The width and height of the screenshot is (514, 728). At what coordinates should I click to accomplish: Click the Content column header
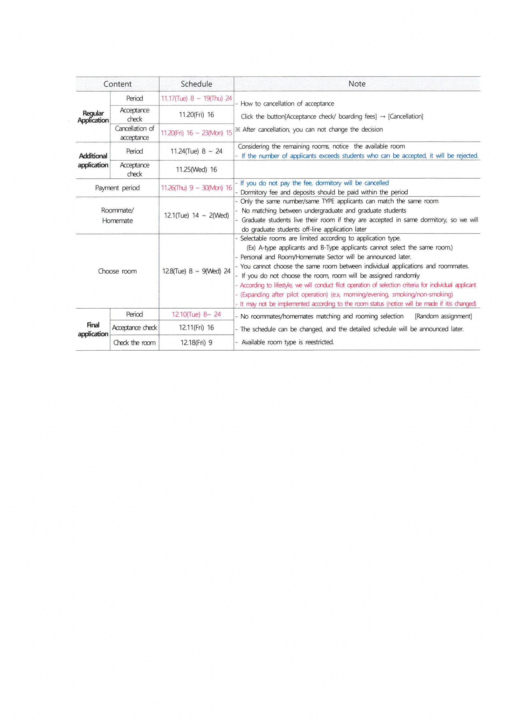[118, 84]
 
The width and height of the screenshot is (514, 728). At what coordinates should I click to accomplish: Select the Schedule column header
[196, 84]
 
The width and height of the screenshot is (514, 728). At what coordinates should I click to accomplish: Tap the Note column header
[357, 84]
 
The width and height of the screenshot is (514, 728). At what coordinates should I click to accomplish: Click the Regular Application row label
[93, 117]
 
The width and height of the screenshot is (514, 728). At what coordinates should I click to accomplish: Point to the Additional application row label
[93, 160]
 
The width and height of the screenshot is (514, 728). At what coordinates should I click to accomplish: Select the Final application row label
[93, 329]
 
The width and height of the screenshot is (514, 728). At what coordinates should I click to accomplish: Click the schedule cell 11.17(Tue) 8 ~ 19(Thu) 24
[196, 98]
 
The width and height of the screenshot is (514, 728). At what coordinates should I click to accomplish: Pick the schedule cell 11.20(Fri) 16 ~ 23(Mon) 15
[196, 133]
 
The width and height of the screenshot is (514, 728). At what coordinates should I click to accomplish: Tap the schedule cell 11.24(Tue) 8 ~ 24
[196, 151]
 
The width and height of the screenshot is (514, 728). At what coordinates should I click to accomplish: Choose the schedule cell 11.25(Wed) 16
[196, 170]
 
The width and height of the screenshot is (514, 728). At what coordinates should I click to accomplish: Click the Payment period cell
[118, 188]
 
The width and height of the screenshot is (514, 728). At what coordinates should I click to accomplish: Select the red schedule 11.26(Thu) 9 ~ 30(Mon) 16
[196, 188]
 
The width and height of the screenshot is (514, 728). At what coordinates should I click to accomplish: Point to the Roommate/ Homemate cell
[118, 215]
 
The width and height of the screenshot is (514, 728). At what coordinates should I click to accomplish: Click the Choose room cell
[118, 272]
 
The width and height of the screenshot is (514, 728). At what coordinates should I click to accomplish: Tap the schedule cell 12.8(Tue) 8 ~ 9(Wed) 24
[196, 272]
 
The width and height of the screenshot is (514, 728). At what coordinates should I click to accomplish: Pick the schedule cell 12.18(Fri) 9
[196, 343]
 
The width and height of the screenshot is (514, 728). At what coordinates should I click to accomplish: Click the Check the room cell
[135, 343]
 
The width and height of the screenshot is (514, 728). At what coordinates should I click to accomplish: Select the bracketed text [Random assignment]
[443, 316]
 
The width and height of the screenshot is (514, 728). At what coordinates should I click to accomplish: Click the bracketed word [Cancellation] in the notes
[406, 116]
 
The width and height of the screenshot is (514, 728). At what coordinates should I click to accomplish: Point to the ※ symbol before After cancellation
[238, 129]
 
